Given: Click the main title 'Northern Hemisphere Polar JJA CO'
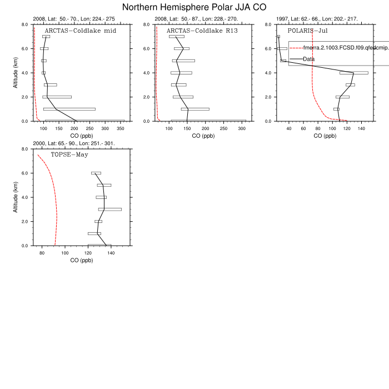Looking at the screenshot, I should click(194, 7).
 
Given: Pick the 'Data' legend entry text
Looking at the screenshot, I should click(309, 59).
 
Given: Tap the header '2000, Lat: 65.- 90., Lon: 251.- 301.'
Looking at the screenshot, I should click(74, 143).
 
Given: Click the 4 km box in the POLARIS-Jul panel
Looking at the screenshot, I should click(354, 73).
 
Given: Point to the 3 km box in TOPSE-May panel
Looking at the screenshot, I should click(109, 210).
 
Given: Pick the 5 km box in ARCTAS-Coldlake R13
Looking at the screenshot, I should click(183, 61).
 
